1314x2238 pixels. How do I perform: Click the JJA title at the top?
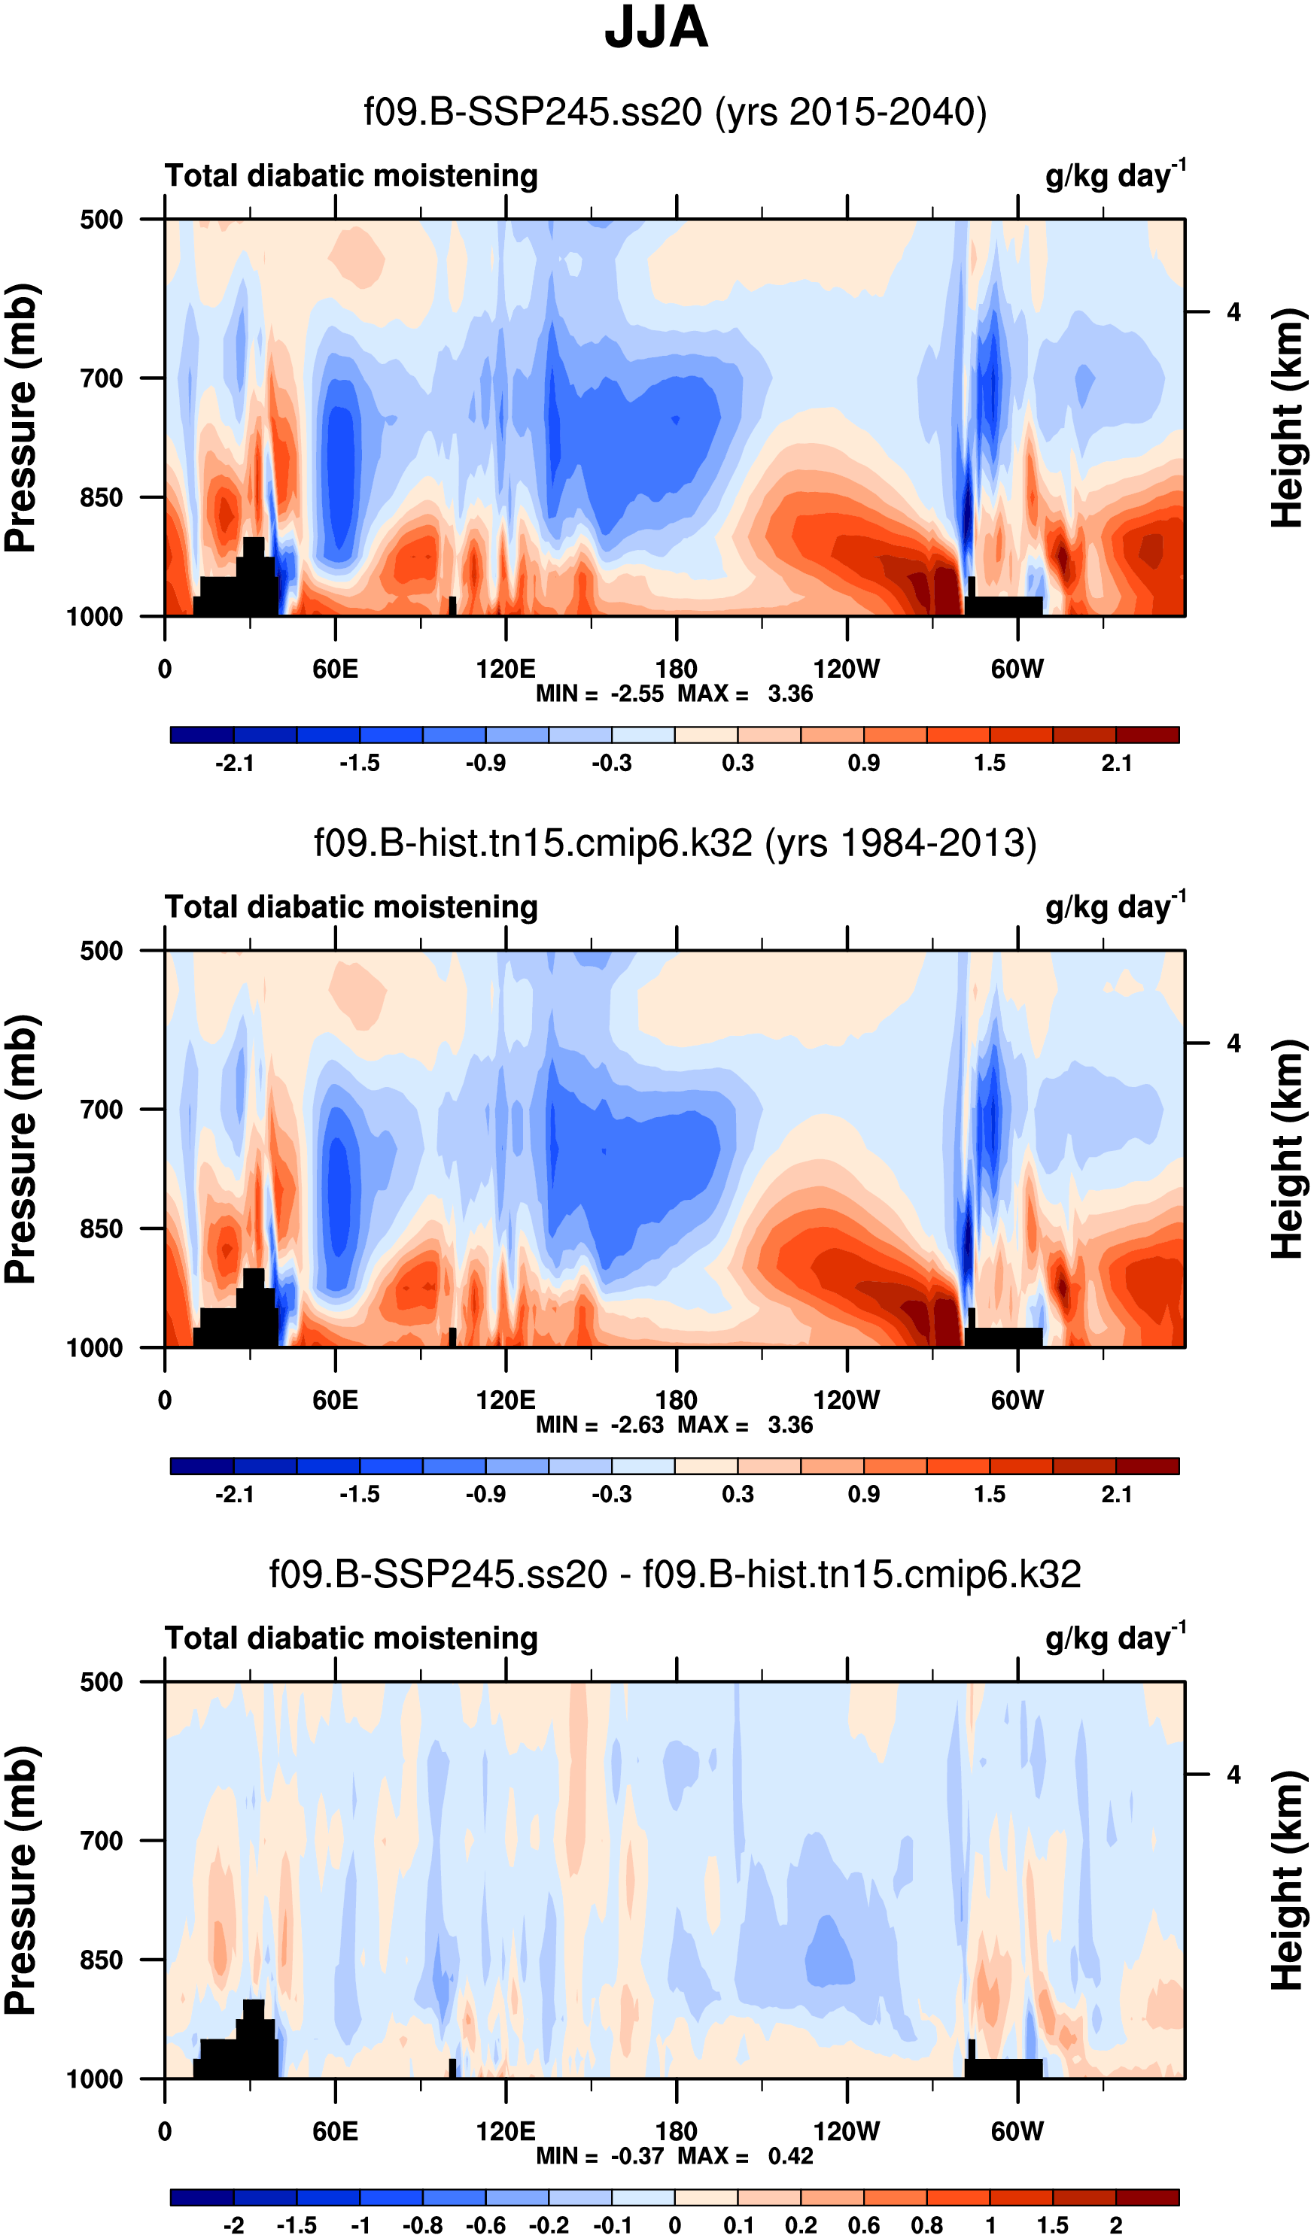655,29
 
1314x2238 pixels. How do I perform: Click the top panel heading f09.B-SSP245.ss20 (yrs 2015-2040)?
675,113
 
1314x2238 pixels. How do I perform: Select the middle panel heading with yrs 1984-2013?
675,843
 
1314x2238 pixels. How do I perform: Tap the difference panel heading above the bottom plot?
675,1574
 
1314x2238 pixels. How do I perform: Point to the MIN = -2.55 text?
600,694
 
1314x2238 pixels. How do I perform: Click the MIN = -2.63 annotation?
600,1425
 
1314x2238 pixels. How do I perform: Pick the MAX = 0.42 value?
745,2155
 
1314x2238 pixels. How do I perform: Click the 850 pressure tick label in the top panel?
102,497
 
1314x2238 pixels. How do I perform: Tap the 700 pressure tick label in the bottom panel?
102,1840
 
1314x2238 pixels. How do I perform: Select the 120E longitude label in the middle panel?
506,1401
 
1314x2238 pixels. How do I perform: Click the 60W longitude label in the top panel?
1017,670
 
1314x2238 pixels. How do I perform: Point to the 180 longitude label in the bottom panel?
676,2131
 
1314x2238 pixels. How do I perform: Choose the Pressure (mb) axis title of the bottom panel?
21,1880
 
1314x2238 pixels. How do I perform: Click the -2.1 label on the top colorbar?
235,763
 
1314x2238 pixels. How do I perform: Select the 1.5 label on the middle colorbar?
990,1494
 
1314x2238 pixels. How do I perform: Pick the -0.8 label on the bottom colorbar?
422,2225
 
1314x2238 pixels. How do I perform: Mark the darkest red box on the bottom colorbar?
1147,2198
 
